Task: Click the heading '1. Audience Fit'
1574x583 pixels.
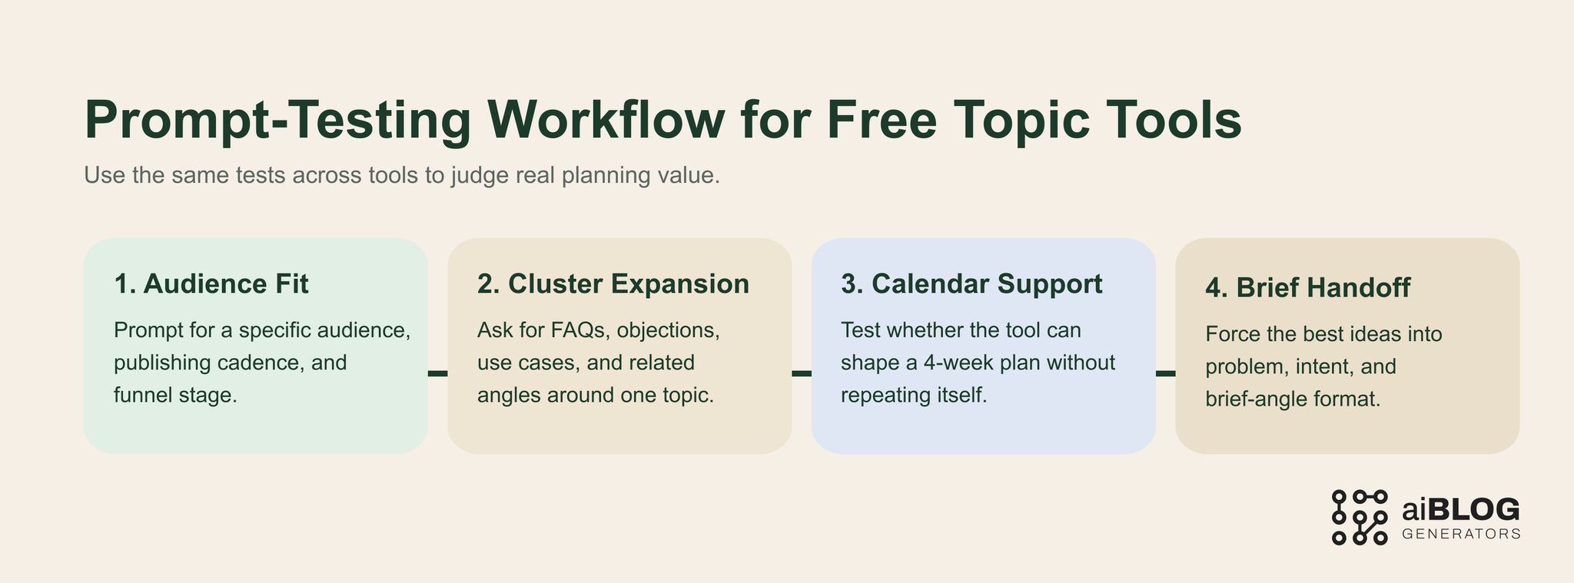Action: [x=211, y=284]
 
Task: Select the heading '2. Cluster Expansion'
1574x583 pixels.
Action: [x=613, y=284]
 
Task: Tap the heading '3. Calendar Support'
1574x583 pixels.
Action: [x=971, y=284]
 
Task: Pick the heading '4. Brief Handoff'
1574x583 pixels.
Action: [x=1307, y=288]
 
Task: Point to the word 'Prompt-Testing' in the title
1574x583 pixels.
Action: [x=277, y=120]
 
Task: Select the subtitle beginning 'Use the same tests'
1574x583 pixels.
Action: [x=401, y=175]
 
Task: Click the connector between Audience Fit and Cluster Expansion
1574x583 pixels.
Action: [x=437, y=373]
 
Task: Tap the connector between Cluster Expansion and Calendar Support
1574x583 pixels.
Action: [x=802, y=373]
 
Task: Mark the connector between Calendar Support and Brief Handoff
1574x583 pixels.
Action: [x=1165, y=373]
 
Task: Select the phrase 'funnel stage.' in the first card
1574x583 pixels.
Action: [x=175, y=396]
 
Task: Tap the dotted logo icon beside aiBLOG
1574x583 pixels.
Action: [x=1359, y=517]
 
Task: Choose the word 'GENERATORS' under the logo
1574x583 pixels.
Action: [x=1461, y=534]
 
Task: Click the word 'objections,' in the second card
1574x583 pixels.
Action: [x=668, y=330]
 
